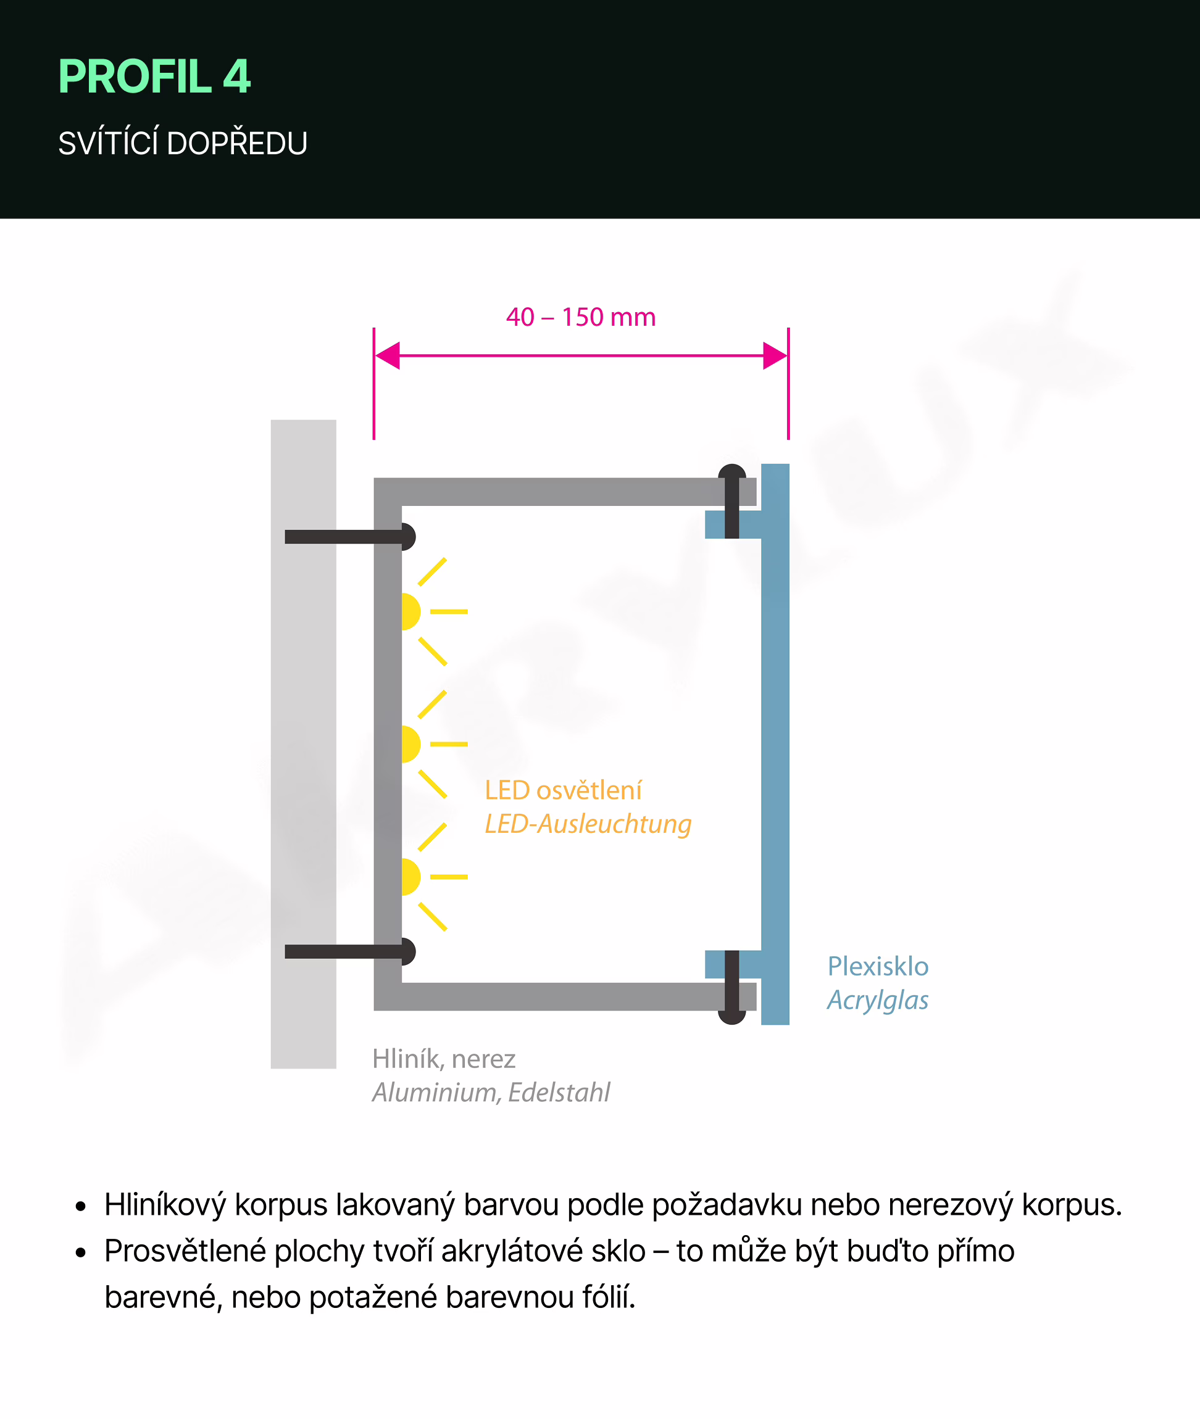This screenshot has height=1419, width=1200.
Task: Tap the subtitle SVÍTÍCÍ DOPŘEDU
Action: click(x=182, y=144)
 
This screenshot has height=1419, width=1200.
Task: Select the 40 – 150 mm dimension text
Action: click(x=580, y=317)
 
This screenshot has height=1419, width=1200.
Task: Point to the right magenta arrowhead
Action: click(x=775, y=355)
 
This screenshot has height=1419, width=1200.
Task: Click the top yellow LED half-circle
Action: click(x=410, y=611)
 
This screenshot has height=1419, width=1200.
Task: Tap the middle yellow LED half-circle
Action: click(x=410, y=744)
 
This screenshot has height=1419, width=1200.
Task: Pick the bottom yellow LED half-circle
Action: click(x=410, y=877)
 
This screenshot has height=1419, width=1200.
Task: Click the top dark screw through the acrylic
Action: click(x=732, y=500)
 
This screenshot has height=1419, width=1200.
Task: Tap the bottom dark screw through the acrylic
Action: click(x=732, y=987)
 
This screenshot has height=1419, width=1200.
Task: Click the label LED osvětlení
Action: click(x=562, y=790)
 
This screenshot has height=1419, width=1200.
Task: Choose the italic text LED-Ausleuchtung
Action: click(x=588, y=824)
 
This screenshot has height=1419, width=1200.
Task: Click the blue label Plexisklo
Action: click(x=878, y=966)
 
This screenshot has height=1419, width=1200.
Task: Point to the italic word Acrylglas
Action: click(x=878, y=1000)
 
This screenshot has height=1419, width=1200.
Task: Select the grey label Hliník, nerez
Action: click(x=444, y=1059)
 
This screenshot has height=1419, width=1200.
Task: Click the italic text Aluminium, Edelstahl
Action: click(x=491, y=1093)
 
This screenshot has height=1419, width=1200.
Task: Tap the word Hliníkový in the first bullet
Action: click(x=165, y=1204)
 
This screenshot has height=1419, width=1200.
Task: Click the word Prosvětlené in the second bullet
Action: click(x=185, y=1251)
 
